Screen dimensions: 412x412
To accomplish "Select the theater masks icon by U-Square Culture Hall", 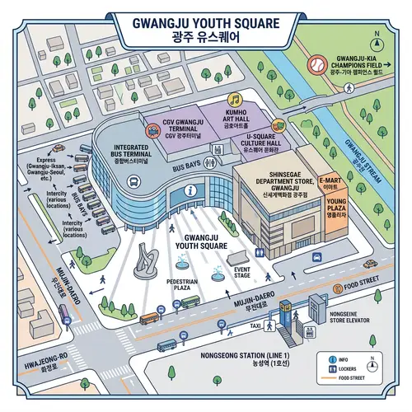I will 279,126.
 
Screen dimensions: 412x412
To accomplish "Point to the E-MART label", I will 330,183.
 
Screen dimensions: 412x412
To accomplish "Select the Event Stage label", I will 242,273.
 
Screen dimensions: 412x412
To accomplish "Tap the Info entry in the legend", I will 336,360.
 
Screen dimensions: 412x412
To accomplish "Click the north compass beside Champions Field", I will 377,40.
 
